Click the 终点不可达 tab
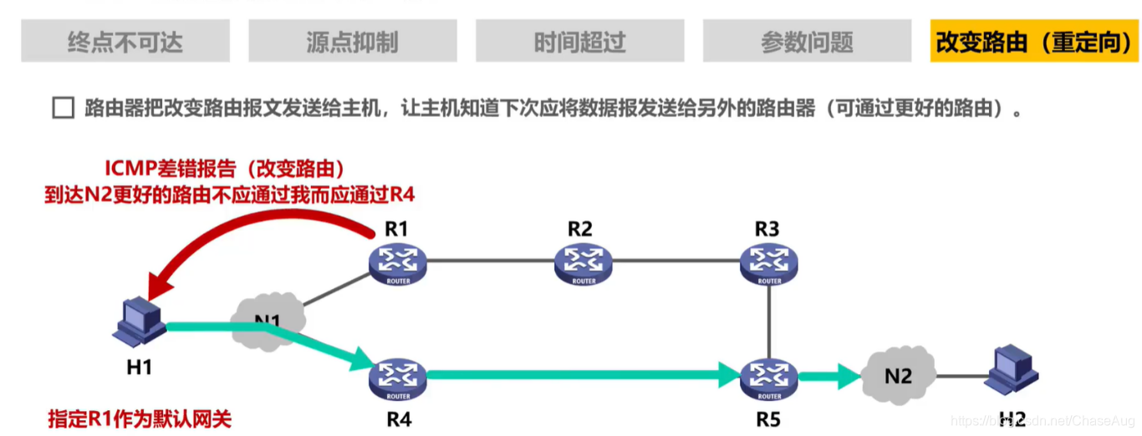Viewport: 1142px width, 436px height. (x=125, y=42)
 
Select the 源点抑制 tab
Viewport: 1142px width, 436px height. (x=352, y=42)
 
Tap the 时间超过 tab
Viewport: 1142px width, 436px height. (x=579, y=42)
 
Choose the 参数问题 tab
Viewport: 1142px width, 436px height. (x=807, y=42)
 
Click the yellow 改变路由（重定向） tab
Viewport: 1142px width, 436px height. (x=1034, y=42)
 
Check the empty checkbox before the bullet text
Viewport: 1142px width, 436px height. (x=64, y=109)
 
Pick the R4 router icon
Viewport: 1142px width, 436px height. (x=398, y=378)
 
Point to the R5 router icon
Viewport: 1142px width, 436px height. (x=768, y=378)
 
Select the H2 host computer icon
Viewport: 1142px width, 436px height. (x=1011, y=373)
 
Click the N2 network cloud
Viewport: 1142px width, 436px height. (x=898, y=376)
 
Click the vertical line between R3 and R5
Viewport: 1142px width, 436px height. (x=768, y=322)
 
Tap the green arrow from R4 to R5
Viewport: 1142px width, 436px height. (x=577, y=377)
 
